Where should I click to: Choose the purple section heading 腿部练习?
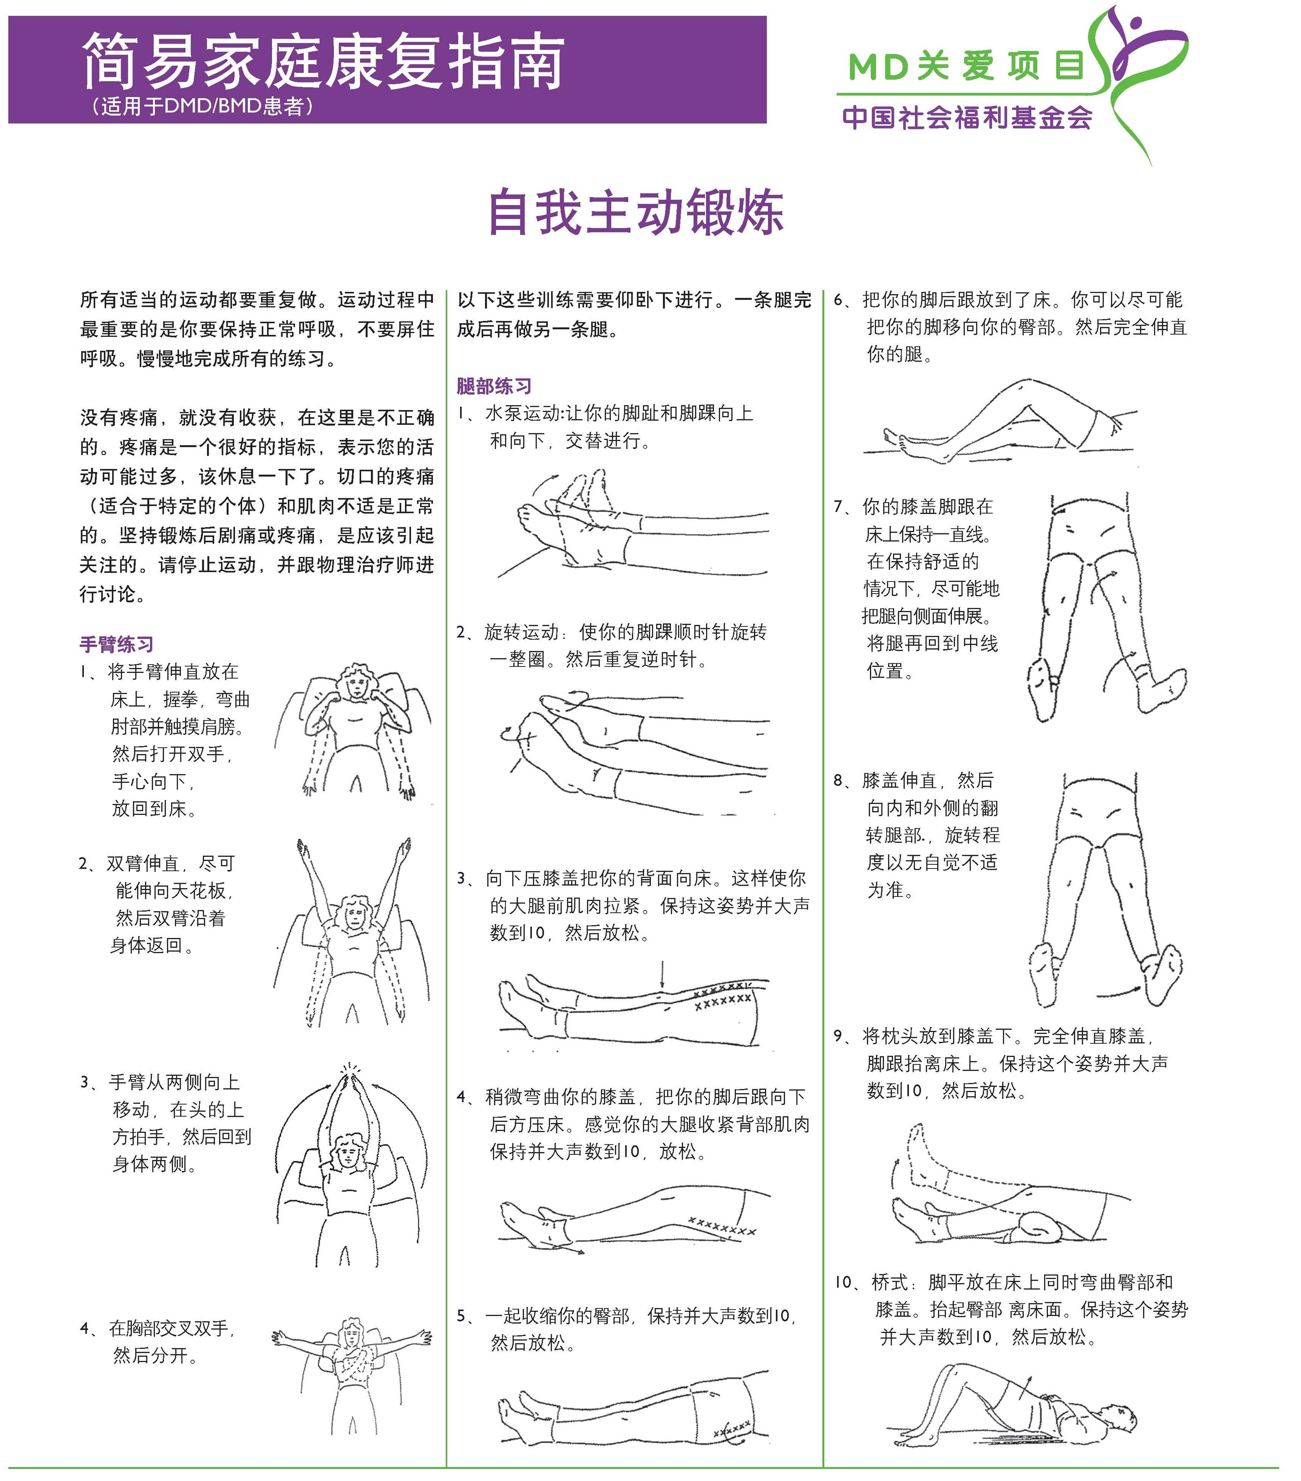494,386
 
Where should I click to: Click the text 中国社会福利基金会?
967,117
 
